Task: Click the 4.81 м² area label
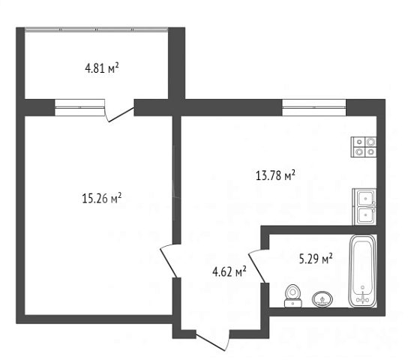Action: [102, 68]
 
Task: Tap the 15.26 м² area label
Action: [102, 198]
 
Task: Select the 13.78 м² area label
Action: [275, 175]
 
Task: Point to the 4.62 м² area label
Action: [229, 271]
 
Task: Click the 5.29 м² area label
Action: [316, 259]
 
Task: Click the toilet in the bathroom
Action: [293, 295]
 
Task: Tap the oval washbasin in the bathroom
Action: [322, 299]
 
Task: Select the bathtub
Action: [362, 271]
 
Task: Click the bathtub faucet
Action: [362, 298]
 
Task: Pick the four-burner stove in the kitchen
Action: [364, 147]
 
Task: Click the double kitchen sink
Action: [364, 206]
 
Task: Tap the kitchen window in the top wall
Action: [314, 107]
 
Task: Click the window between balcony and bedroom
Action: [80, 107]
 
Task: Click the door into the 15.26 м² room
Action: [169, 262]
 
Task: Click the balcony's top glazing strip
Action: [97, 29]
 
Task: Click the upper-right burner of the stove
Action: [370, 142]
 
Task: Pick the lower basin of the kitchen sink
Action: [365, 215]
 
